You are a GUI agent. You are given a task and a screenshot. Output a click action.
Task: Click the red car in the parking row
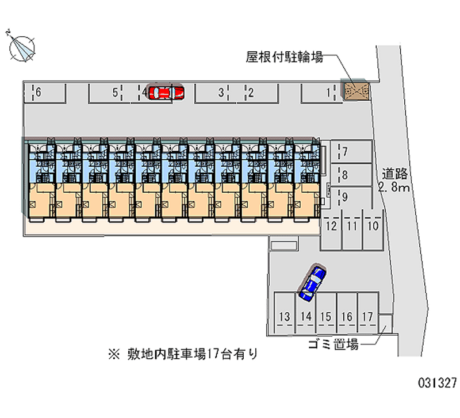pos(166,92)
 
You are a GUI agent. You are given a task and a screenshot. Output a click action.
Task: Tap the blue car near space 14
pos(312,282)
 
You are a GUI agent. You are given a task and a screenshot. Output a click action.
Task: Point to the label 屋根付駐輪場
pos(284,57)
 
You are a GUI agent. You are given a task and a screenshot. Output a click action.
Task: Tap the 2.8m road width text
pos(394,187)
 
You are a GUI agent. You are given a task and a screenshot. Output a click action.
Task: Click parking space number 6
pos(39,92)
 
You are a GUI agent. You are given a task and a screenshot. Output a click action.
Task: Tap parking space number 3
pos(221,92)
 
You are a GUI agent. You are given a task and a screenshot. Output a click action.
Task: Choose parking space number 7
pos(345,152)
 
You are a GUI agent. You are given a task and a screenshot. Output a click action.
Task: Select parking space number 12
pos(331,226)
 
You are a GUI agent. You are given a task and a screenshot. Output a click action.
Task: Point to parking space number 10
pos(373,226)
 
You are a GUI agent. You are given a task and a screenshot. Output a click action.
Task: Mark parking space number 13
pos(284,317)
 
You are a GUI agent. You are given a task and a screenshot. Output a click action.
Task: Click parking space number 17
pos(368,317)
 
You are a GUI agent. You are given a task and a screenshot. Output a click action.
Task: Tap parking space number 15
pos(326,317)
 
